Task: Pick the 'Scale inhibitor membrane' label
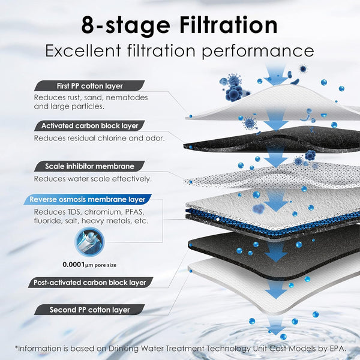point(89,166)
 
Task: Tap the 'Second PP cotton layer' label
point(89,310)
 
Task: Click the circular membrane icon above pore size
point(89,241)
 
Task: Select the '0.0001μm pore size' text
point(89,263)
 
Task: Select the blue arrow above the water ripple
point(276,326)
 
